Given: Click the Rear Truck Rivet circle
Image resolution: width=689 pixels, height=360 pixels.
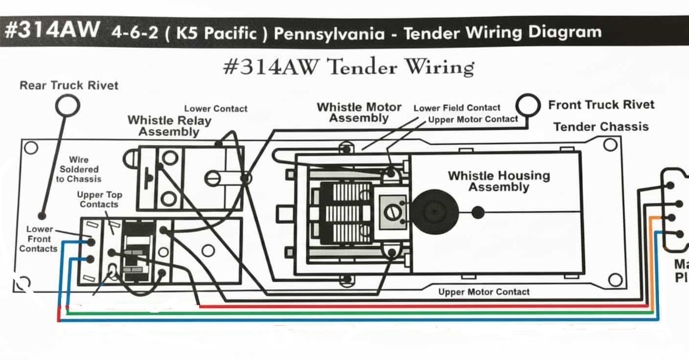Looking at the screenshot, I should tap(67, 105).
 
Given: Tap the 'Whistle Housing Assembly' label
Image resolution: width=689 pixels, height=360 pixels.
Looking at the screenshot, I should tap(499, 181).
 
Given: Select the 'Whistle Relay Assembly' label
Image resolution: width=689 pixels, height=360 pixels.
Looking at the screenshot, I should tap(169, 126).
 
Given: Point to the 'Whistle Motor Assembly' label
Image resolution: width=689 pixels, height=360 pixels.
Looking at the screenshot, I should tap(359, 112).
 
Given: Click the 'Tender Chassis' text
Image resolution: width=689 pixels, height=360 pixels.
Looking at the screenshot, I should tap(601, 127).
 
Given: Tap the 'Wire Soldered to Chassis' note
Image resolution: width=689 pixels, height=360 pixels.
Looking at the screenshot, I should tap(78, 169).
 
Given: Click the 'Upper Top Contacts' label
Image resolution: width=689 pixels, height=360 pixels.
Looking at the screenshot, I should tap(99, 199).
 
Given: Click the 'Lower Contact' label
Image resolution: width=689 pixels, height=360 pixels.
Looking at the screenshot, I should tap(216, 109).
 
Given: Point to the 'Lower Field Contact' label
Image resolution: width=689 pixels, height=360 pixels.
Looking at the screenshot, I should tap(457, 108).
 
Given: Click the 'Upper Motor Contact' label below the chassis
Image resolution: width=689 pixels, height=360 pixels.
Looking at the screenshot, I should tap(483, 292).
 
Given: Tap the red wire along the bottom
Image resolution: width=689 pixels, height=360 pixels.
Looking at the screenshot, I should tap(391, 306).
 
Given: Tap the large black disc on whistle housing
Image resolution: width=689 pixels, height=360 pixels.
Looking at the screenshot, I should tap(434, 212).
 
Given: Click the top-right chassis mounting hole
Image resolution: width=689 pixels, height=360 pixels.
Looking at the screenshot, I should tap(610, 144).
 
